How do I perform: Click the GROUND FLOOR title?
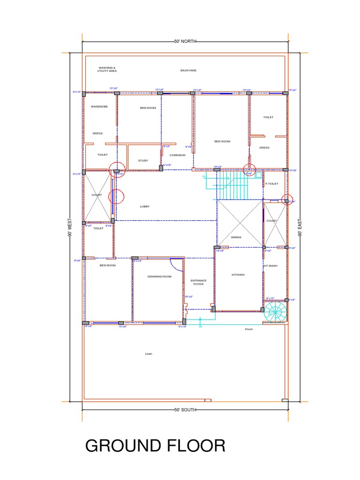tap(155, 445)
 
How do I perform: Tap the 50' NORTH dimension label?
tap(185, 41)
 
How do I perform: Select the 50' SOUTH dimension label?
tap(185, 410)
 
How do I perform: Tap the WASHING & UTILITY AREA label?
tap(107, 69)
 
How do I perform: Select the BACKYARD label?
tap(188, 70)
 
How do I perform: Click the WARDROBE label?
tap(99, 106)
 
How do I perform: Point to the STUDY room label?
tap(143, 160)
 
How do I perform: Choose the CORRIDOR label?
tap(178, 155)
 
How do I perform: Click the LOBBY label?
tap(145, 206)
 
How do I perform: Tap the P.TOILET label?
tap(272, 184)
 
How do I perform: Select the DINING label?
tap(236, 237)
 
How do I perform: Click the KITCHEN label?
tap(238, 275)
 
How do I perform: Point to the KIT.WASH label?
tap(270, 266)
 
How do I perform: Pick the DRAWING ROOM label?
tap(159, 277)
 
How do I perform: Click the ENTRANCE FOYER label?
tap(198, 282)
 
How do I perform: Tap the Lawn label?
tap(149, 354)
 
